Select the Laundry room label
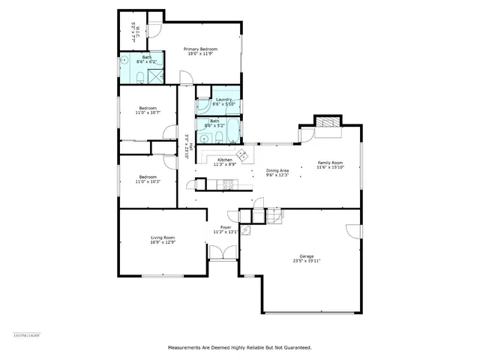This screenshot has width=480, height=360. point(223,100)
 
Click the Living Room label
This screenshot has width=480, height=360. point(163,238)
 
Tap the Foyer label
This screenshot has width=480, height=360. point(225,226)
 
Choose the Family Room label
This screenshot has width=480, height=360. point(330,163)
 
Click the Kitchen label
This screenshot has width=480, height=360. point(225,160)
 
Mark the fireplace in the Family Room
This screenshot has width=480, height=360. point(325,123)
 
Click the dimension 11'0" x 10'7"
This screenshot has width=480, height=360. point(148,112)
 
